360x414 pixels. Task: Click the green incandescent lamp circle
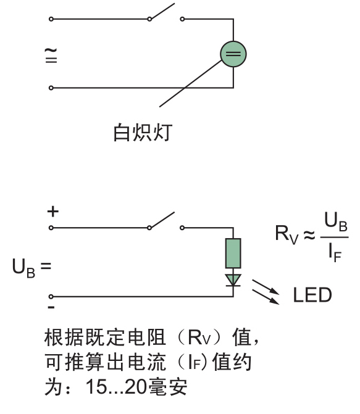point(233,54)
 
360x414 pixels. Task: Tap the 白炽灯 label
point(143,132)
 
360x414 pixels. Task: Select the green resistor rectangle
point(233,254)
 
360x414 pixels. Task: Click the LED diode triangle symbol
point(233,280)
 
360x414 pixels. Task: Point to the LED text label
point(312,295)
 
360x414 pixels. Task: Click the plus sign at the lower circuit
point(53,212)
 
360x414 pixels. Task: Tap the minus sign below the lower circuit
point(51,307)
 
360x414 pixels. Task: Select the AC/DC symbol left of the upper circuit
point(51,55)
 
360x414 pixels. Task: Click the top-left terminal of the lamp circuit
point(51,19)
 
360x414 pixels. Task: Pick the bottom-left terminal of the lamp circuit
point(51,88)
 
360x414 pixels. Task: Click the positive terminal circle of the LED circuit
point(51,228)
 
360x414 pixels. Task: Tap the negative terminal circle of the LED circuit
point(51,297)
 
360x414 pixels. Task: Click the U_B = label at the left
point(31,267)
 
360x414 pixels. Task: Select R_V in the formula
point(287,234)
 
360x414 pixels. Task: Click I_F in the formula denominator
point(335,253)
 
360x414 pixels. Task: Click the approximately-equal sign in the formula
point(309,234)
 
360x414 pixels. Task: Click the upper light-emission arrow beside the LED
point(266,287)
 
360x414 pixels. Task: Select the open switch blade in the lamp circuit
point(162,11)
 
